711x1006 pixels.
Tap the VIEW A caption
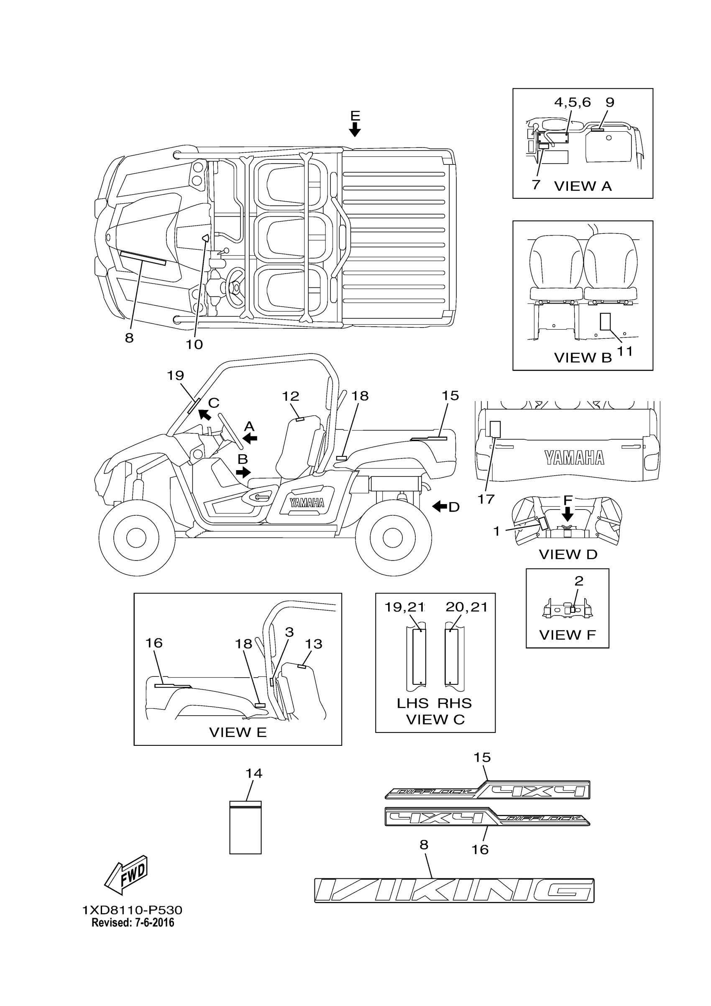point(583,186)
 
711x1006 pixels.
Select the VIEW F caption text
point(567,635)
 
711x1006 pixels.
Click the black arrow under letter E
point(355,129)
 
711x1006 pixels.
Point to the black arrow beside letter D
point(440,507)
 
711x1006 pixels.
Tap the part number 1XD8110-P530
point(132,910)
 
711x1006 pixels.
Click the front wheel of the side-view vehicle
point(136,537)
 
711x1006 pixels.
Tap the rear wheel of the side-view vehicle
point(393,537)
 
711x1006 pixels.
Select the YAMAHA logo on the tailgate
point(574,458)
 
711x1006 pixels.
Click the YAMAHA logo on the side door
point(307,502)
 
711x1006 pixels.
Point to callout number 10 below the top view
point(194,344)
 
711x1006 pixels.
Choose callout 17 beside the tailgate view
point(486,499)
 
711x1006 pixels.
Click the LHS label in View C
point(412,703)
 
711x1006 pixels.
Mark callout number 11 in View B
point(625,351)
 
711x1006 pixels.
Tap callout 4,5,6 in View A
point(572,102)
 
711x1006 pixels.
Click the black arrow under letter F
point(568,513)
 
